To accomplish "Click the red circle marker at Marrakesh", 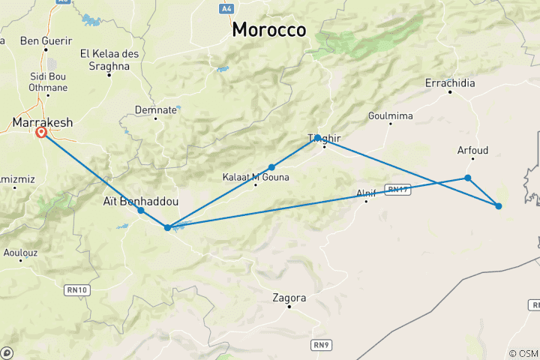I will [41, 133].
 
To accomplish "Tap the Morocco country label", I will [269, 30].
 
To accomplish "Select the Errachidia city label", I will [450, 83].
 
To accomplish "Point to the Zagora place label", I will [289, 297].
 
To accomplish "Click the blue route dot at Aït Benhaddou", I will [141, 211].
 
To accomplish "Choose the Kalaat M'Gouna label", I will [256, 177].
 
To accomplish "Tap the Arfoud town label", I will [472, 150].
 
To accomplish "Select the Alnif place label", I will [366, 193].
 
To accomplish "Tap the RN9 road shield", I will [321, 344].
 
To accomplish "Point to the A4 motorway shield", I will [226, 8].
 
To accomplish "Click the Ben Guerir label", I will [46, 40].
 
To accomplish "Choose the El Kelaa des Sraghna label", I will [105, 59].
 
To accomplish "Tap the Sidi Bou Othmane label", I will [48, 82].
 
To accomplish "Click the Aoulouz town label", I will [19, 253].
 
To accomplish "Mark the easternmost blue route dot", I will [498, 205].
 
